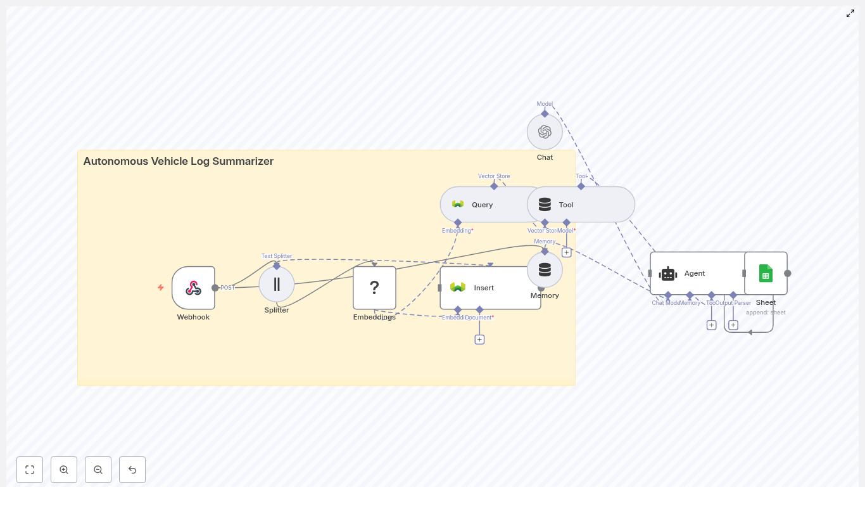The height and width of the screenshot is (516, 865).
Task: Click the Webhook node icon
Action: point(193,288)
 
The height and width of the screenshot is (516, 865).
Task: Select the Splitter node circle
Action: point(277,284)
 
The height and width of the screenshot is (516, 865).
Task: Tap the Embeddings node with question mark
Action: point(374,288)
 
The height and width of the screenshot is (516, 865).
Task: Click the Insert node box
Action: point(490,288)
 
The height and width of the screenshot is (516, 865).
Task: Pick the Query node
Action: point(482,205)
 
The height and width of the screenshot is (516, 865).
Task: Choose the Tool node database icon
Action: point(545,205)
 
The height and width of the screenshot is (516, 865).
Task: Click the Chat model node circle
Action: point(545,132)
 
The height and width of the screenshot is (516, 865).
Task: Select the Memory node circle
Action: point(545,270)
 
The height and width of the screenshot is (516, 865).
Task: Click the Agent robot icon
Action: point(668,274)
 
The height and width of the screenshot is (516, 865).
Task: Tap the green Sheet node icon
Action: point(766,273)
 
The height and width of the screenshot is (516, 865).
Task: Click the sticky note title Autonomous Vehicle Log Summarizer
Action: point(179,162)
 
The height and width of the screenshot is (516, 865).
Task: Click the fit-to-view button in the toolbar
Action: point(30,470)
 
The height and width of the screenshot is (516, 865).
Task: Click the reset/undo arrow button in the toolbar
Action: point(132,470)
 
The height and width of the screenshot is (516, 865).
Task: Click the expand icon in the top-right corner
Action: point(850,13)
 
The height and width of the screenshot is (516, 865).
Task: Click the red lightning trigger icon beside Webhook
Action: point(161,288)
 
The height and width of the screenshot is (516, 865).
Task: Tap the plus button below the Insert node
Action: point(479,340)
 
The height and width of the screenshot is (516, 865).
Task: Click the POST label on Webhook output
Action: point(227,288)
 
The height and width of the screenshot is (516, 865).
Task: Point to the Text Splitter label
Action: point(277,256)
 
